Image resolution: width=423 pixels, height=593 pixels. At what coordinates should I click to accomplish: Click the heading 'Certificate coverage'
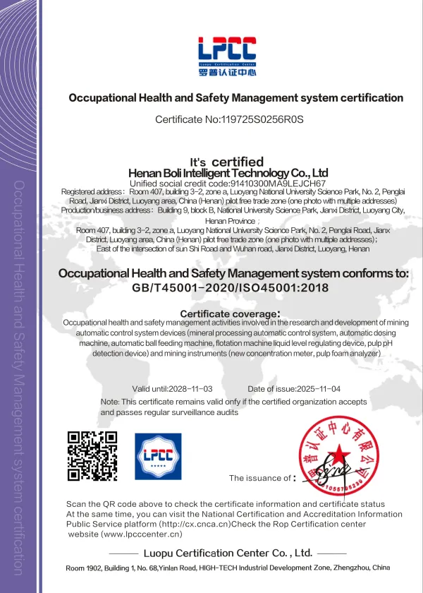click(229, 313)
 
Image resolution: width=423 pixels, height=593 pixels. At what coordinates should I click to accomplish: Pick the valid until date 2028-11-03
click(187, 389)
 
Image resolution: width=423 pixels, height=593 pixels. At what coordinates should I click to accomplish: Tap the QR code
click(92, 456)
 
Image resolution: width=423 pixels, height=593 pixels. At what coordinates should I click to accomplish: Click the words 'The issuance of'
click(259, 478)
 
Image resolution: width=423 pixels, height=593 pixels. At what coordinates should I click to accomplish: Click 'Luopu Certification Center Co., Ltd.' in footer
click(227, 553)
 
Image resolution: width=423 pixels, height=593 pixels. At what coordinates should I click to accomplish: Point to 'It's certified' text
click(227, 162)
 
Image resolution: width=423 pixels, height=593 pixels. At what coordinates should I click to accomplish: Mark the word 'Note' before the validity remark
click(110, 402)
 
